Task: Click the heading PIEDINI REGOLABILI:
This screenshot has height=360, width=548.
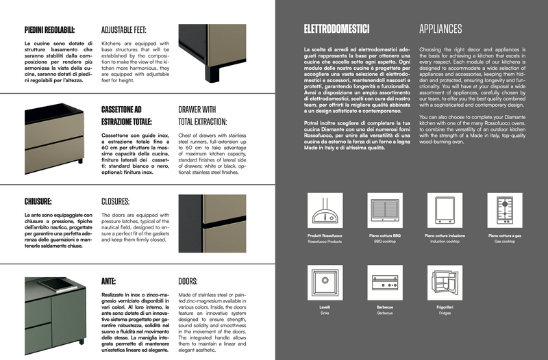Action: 49,29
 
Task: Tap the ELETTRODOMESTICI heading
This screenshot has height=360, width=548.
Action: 336,29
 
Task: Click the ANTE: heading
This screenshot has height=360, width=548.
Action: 107,281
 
